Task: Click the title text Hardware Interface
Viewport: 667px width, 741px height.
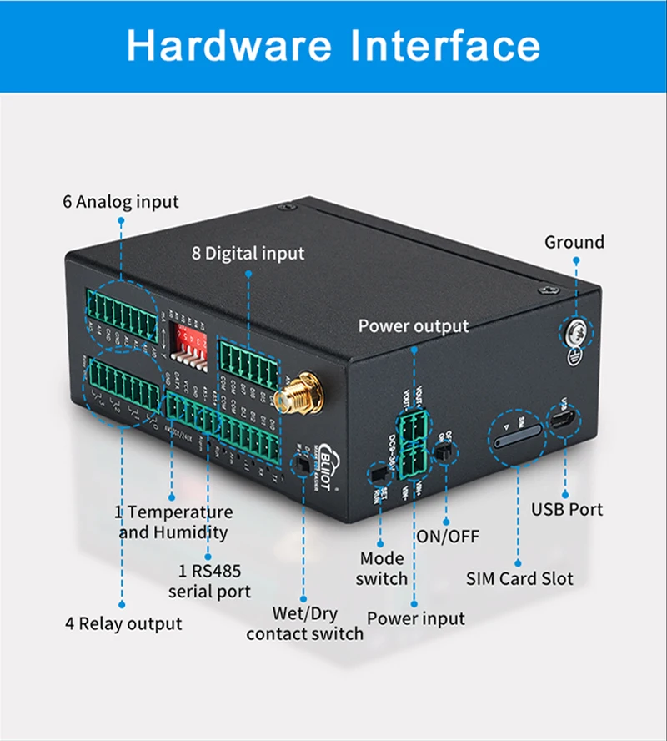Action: [x=333, y=46]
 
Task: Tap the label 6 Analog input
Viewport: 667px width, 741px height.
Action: [x=121, y=202]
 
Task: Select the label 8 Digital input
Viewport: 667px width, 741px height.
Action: [x=248, y=253]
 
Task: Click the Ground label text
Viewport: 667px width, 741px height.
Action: [x=574, y=243]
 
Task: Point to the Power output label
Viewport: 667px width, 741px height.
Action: [x=414, y=325]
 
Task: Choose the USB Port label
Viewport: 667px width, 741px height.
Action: [x=567, y=509]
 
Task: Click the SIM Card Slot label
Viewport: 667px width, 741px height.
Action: [x=519, y=577]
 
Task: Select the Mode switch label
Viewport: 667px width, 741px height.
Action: [x=382, y=568]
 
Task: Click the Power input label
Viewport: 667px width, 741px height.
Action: [x=416, y=618]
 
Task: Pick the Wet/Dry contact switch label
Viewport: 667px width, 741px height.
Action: [x=304, y=623]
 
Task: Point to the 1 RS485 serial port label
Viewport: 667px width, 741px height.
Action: [x=209, y=582]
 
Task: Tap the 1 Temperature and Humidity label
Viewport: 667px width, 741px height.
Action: [x=173, y=522]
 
